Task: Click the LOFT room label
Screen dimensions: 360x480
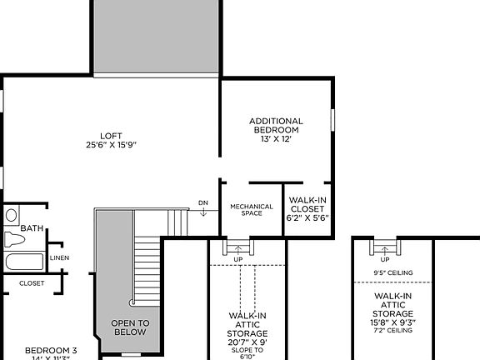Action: (x=111, y=136)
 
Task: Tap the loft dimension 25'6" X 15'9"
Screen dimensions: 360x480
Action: (x=111, y=145)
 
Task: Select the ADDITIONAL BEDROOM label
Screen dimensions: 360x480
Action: (x=276, y=126)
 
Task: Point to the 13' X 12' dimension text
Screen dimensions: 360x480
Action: (x=276, y=140)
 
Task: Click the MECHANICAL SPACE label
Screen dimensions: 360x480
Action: (x=251, y=210)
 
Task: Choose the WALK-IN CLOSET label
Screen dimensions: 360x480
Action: (x=307, y=204)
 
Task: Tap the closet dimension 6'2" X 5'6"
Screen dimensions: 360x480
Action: (x=307, y=218)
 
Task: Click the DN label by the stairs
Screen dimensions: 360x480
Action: (x=203, y=202)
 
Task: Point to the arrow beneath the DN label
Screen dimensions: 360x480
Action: (x=203, y=212)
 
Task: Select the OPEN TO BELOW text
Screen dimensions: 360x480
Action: (x=129, y=327)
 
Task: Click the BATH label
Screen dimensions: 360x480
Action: (x=32, y=228)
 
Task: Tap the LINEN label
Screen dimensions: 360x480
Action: (x=59, y=257)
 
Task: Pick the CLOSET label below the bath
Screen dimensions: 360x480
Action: (x=32, y=282)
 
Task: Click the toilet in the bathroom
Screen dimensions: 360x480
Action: (x=12, y=238)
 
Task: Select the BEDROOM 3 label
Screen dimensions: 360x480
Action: (x=51, y=350)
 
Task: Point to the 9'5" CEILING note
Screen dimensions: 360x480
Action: (x=392, y=272)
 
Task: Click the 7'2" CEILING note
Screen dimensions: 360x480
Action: (x=392, y=331)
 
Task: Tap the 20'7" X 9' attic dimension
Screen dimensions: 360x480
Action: (x=247, y=342)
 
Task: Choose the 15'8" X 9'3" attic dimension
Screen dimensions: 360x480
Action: (x=392, y=322)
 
